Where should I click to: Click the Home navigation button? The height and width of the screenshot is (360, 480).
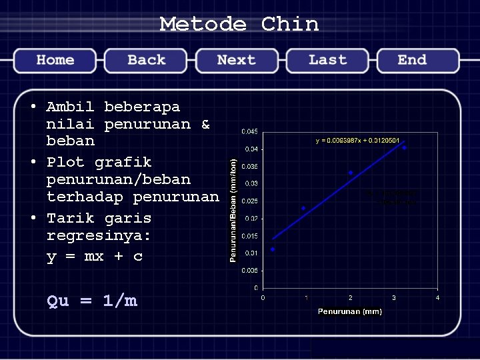55,60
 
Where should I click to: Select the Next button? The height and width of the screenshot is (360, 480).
236,60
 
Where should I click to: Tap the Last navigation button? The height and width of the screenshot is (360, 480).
327,60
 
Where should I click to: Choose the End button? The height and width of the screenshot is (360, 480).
412,60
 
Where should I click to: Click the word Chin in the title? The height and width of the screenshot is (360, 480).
290,25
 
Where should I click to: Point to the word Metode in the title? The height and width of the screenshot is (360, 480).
203,25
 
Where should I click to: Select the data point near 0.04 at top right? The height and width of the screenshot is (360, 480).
404,148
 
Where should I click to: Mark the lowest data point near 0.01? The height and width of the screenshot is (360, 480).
273,249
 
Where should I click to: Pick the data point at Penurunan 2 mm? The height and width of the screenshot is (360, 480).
351,173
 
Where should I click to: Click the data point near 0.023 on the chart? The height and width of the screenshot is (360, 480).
303,209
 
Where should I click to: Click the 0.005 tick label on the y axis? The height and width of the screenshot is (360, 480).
250,271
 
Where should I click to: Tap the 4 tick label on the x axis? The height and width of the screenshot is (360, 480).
437,297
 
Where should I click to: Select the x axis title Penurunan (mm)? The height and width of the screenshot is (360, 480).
349,311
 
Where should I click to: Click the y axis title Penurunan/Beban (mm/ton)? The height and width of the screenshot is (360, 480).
233,209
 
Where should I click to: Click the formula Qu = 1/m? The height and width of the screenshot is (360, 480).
92,301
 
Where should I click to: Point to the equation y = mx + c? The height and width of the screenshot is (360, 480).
95,256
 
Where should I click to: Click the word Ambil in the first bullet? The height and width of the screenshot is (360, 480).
70,107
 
